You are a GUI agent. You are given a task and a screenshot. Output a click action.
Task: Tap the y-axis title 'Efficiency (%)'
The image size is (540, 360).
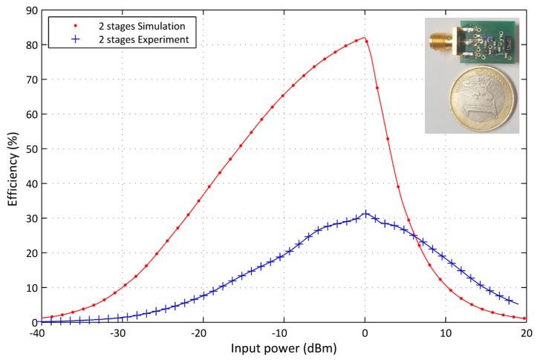(11, 167)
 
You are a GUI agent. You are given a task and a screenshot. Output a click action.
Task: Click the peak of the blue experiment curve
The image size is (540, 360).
(365, 215)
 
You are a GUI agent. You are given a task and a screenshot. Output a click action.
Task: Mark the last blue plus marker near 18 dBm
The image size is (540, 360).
(510, 301)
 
